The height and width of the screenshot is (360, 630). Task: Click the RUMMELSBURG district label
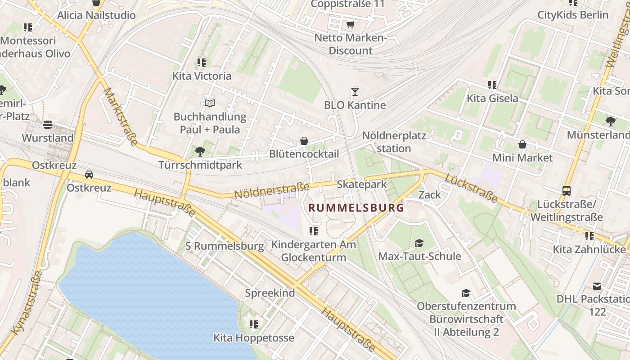356,208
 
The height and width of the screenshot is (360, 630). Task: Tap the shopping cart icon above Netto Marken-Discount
350,24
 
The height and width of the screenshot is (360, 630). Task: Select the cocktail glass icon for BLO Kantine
355,92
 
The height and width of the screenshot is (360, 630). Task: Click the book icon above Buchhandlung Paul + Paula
210,103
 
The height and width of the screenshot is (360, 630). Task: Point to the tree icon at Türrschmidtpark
200,152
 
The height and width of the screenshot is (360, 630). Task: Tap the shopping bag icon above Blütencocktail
304,141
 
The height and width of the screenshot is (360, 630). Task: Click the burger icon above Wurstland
48,125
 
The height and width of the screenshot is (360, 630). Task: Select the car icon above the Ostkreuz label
89,175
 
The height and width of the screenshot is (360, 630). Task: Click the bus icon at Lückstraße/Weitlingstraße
567,191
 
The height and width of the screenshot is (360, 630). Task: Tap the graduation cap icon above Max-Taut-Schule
419,243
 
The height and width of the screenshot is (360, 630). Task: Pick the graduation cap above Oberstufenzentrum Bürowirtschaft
466,293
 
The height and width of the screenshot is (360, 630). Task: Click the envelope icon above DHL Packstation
597,286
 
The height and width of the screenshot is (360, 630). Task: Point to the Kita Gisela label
492,98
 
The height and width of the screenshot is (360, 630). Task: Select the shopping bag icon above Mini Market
522,144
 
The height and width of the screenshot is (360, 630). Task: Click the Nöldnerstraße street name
272,190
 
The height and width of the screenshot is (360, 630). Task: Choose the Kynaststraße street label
27,302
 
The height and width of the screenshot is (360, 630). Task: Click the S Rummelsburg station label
225,246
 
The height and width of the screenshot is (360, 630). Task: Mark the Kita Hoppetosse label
254,337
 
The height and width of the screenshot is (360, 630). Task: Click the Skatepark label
362,184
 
